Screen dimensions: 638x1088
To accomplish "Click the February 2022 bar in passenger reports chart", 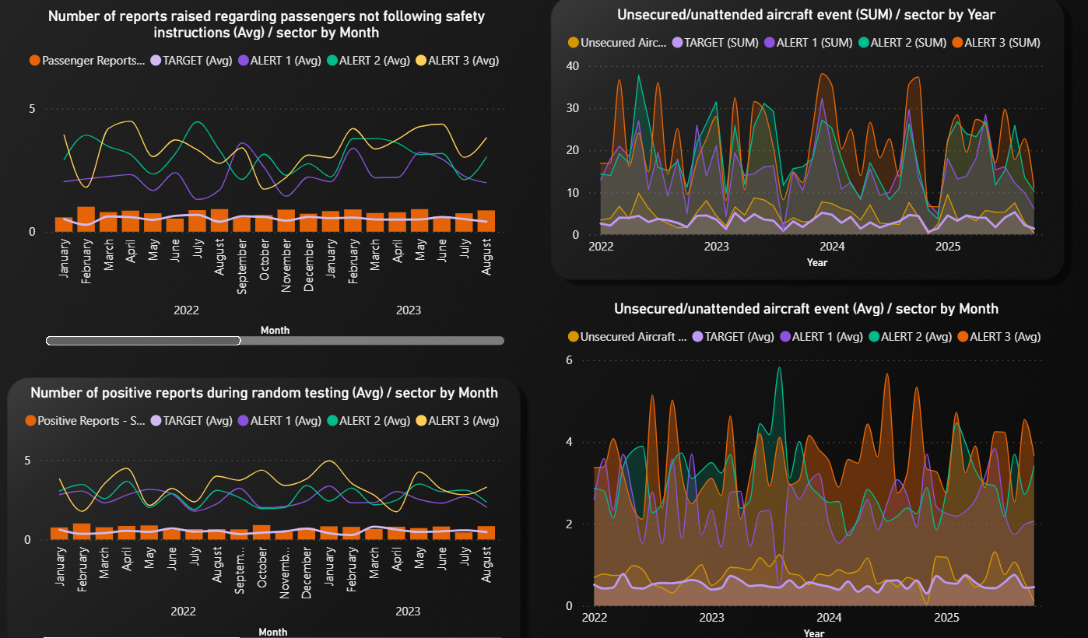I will [86, 219].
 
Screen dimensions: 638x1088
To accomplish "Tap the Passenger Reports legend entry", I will [87, 60].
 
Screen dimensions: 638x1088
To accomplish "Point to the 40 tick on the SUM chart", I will [572, 65].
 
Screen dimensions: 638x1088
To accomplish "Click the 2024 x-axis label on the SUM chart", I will [832, 247].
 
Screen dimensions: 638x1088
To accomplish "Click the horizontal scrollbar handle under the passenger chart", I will [143, 340].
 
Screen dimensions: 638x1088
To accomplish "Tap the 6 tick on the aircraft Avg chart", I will [569, 360].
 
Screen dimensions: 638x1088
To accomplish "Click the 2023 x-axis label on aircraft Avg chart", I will [711, 618].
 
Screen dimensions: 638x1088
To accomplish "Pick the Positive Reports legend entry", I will [86, 421].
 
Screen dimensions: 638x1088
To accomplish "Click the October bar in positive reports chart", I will [261, 532].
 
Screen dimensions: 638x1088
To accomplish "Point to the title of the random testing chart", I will [264, 393].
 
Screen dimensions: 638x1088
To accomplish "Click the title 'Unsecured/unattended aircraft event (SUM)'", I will [805, 14].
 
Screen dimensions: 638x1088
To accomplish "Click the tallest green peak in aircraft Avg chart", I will [779, 368].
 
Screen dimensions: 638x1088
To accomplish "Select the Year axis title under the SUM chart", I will [816, 263].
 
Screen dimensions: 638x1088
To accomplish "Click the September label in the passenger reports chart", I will [243, 265].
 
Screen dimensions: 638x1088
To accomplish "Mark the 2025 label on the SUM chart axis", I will [947, 247].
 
